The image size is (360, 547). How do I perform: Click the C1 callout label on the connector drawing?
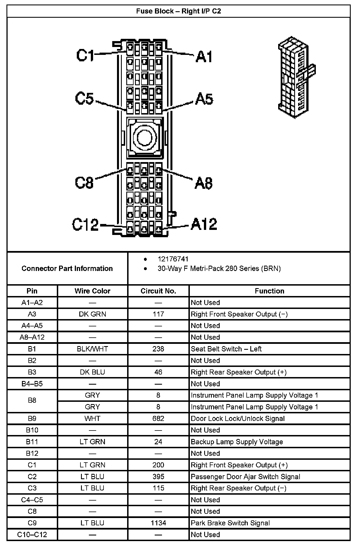click(85, 55)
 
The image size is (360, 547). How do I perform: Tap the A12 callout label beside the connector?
click(204, 224)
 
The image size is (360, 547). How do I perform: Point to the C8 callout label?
click(84, 182)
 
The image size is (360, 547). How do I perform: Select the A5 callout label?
click(204, 99)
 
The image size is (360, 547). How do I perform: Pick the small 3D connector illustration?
click(296, 77)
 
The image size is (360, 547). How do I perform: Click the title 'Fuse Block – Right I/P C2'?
click(179, 11)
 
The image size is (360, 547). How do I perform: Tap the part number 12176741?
click(173, 259)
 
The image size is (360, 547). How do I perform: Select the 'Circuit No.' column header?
click(158, 291)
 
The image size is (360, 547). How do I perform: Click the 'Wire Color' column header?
click(92, 291)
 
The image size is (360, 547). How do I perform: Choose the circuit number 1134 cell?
click(158, 523)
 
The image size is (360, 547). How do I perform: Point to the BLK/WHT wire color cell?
click(92, 349)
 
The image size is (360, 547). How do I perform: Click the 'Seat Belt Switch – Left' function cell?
click(226, 349)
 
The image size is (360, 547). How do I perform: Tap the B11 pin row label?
click(32, 442)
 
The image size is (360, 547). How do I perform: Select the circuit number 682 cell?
click(158, 418)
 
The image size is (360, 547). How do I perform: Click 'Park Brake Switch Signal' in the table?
click(230, 523)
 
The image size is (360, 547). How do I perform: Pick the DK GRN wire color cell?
click(92, 314)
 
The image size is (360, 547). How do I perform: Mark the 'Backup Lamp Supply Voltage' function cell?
click(237, 442)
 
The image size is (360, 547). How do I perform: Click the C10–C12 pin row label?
click(32, 534)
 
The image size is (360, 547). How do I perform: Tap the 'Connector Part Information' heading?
click(67, 268)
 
